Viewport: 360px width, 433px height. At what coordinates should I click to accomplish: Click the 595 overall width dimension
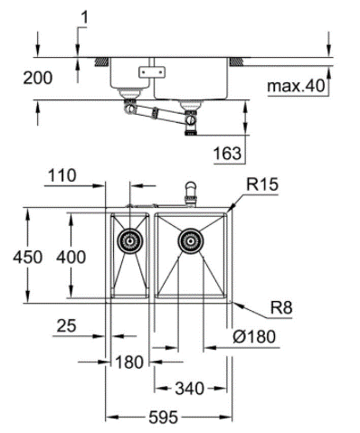163,418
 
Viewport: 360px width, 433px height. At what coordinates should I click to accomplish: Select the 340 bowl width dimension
190,388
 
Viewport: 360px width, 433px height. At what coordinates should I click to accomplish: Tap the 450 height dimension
27,257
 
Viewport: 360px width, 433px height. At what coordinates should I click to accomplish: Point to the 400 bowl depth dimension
71,257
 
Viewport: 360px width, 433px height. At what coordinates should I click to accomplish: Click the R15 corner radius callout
262,184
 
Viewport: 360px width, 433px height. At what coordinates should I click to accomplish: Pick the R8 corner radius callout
281,308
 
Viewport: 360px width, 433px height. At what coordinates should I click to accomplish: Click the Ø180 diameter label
254,336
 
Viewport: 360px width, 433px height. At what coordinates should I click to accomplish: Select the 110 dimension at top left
62,175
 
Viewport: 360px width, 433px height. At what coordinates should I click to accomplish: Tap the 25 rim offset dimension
67,325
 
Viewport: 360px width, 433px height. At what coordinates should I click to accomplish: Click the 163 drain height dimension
228,153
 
